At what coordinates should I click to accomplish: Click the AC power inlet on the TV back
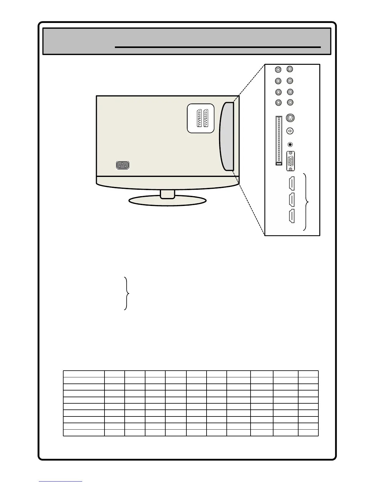(123, 165)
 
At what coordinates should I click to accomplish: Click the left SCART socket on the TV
(200, 118)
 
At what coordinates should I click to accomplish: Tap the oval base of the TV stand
(167, 201)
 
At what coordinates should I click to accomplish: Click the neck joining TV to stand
(167, 194)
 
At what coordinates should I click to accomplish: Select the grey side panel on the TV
(227, 136)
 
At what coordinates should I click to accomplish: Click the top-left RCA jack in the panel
(278, 70)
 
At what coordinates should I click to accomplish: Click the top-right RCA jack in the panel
(290, 69)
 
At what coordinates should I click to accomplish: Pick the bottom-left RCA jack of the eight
(278, 103)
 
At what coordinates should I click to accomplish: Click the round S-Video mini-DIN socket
(290, 118)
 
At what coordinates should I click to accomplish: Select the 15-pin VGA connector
(291, 161)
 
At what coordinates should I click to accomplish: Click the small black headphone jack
(290, 145)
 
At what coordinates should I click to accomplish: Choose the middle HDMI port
(291, 200)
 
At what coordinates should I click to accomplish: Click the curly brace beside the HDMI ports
(306, 202)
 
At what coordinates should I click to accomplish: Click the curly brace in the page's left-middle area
(127, 293)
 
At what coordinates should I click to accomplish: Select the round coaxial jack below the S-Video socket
(290, 131)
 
